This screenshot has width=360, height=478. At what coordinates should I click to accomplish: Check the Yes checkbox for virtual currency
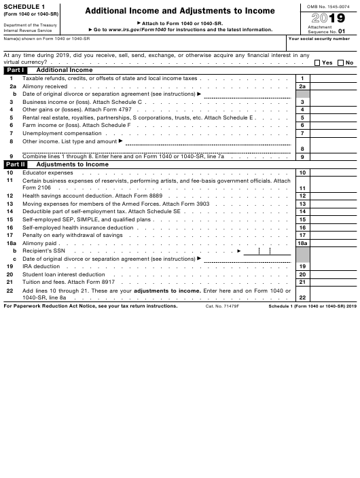click(x=318, y=62)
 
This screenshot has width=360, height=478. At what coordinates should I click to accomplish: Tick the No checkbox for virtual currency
click(x=342, y=62)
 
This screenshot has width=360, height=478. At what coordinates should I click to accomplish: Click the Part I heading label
click(x=14, y=70)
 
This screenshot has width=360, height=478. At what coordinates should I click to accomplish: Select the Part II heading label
click(x=15, y=164)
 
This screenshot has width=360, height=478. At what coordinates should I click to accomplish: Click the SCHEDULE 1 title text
click(x=24, y=7)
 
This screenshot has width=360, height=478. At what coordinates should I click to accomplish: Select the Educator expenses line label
click(x=48, y=173)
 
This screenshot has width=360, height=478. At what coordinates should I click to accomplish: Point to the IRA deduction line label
click(x=41, y=266)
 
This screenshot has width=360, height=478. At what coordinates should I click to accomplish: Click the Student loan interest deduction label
click(x=64, y=274)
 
